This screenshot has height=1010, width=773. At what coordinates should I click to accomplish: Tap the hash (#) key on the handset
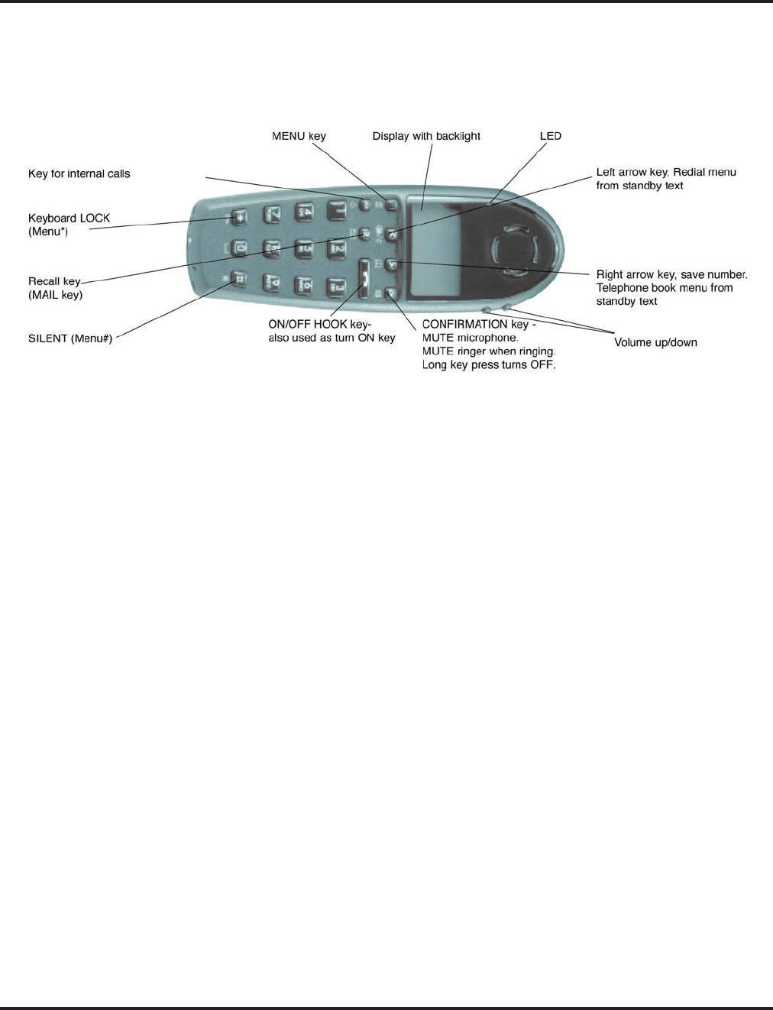238,280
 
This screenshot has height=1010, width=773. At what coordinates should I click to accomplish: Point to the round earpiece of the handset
516,249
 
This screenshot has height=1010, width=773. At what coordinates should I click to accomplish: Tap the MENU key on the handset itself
391,205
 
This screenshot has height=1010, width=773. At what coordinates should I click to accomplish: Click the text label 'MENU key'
299,136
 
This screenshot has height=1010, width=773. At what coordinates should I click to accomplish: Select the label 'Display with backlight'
426,136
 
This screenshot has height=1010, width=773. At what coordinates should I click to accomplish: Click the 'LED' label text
550,136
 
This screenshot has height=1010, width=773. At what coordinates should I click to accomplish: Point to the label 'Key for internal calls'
79,173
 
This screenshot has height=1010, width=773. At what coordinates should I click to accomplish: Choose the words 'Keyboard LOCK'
69,218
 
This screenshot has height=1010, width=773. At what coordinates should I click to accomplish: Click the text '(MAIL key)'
55,295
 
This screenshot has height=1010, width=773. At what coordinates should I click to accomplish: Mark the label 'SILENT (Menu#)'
70,338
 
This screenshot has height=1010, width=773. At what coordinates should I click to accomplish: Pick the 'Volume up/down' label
655,342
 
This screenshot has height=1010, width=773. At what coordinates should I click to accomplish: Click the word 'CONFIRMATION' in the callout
464,324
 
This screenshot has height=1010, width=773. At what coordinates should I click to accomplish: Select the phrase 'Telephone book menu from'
664,288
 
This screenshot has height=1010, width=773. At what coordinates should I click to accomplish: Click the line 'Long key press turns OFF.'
489,365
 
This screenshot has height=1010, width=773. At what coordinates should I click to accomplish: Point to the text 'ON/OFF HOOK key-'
319,324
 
